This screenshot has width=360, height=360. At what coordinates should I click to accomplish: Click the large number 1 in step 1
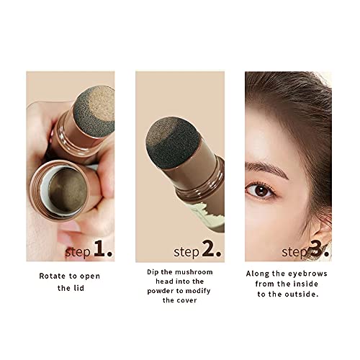pos(102,250)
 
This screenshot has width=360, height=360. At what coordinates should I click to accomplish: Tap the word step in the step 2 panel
pos(186,252)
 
